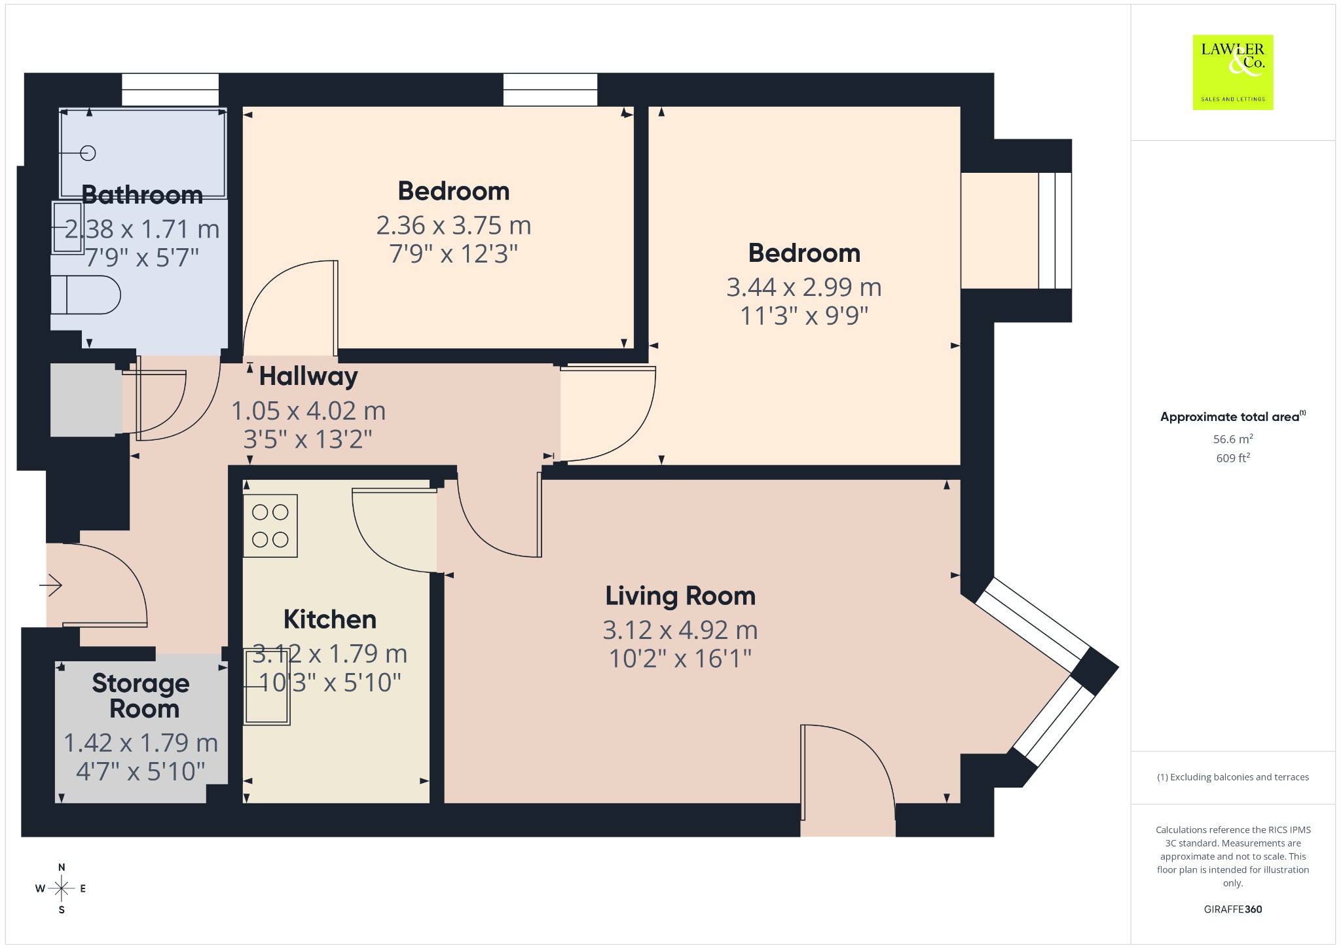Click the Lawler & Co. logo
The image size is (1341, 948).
pyautogui.click(x=1232, y=72)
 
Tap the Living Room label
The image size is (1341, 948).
pyautogui.click(x=680, y=596)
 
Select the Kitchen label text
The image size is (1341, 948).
pyautogui.click(x=330, y=619)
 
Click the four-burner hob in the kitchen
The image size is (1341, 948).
pyautogui.click(x=270, y=526)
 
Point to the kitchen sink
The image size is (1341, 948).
pyautogui.click(x=266, y=686)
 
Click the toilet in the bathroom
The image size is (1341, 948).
pyautogui.click(x=86, y=295)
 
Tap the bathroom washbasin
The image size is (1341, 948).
pyautogui.click(x=67, y=227)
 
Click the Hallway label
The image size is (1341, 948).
pyautogui.click(x=308, y=376)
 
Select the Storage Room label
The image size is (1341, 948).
pyautogui.click(x=141, y=695)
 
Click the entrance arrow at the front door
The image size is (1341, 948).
pyautogui.click(x=50, y=585)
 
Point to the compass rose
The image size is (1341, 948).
pyautogui.click(x=62, y=888)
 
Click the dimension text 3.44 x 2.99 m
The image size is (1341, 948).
pyautogui.click(x=804, y=287)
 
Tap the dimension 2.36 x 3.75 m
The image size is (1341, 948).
pyautogui.click(x=454, y=226)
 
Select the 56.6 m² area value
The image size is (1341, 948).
pyautogui.click(x=1233, y=439)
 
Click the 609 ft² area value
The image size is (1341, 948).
pyautogui.click(x=1233, y=458)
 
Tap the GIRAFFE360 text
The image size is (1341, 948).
pyautogui.click(x=1233, y=909)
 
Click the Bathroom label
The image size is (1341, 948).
pyautogui.click(x=142, y=195)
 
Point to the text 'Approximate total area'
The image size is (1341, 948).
pyautogui.click(x=1230, y=417)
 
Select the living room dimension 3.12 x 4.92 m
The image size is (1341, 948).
pyautogui.click(x=680, y=630)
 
